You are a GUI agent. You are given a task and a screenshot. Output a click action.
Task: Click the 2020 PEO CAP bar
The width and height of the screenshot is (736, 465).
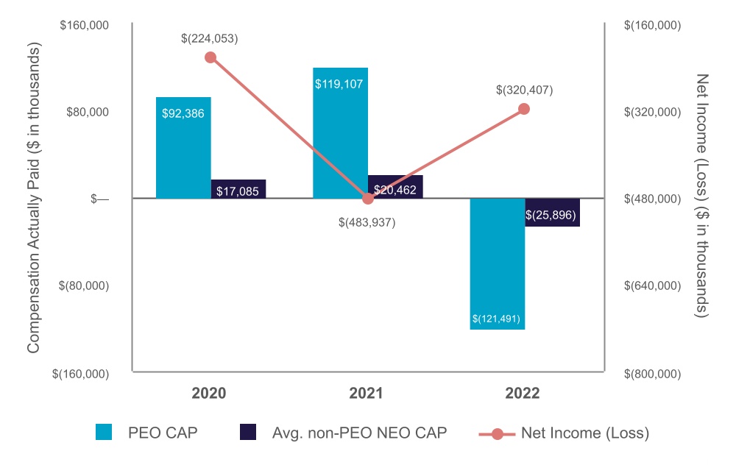(x=183, y=147)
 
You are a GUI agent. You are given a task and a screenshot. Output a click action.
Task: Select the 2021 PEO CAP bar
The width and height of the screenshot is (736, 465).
(x=340, y=132)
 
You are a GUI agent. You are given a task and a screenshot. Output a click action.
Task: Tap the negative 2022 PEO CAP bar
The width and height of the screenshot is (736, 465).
(x=497, y=263)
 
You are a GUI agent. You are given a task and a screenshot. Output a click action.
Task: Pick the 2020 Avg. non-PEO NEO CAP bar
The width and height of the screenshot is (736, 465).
(x=238, y=189)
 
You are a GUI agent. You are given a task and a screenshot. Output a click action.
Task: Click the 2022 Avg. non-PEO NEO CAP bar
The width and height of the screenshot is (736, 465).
(x=552, y=213)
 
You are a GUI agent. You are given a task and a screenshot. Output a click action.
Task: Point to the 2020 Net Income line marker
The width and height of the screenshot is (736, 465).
(x=210, y=57)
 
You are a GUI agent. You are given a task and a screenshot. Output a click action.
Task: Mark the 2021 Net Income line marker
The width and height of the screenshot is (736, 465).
(x=368, y=198)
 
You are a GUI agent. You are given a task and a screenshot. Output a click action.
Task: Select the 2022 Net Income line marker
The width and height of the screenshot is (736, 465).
(x=524, y=109)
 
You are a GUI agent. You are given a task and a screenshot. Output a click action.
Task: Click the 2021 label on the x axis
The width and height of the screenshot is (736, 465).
(x=366, y=394)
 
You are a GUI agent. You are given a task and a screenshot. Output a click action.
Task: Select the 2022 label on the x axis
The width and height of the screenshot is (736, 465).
(x=523, y=394)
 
